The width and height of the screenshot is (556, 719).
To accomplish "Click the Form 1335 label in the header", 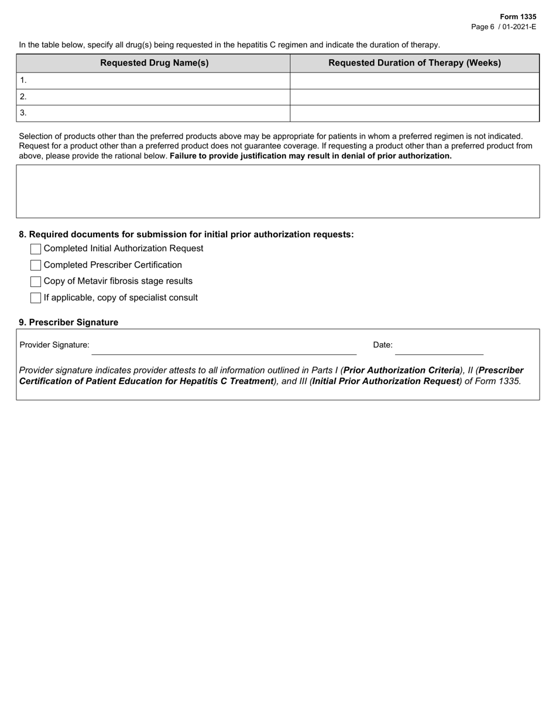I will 517,17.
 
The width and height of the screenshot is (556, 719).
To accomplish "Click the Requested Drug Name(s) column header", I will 154,63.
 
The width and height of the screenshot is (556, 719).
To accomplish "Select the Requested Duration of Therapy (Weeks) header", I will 414,63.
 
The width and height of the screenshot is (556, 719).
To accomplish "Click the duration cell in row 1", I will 414,81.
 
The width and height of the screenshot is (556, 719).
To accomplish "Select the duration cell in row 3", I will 414,113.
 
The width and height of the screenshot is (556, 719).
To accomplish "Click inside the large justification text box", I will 277,191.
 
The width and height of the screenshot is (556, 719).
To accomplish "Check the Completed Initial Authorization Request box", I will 36,249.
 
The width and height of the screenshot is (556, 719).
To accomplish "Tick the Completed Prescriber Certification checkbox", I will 36,265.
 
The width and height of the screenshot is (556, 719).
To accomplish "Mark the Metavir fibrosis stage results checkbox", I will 36,282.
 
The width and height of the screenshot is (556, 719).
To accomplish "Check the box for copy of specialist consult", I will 36,298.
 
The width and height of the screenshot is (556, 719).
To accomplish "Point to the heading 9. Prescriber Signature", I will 68,323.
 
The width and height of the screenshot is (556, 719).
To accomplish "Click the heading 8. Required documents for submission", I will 186,234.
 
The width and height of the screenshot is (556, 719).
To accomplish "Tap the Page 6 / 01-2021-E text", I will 503,27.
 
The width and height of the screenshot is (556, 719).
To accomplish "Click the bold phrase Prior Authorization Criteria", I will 401,371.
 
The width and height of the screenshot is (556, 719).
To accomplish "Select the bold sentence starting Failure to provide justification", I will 310,156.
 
